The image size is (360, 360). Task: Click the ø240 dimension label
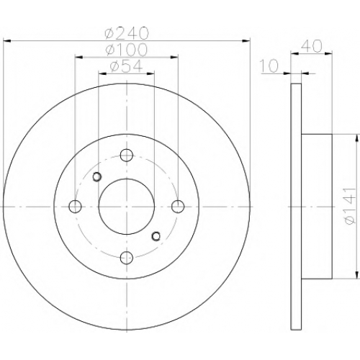coord(127,34)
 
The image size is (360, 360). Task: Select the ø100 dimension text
coord(126,50)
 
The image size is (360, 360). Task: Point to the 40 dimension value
coord(312,46)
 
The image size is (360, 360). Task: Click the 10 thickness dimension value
coord(269,66)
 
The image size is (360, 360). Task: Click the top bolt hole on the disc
coord(127,155)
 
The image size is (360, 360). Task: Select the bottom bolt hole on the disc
coord(127,258)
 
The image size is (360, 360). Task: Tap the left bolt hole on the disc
coord(75,207)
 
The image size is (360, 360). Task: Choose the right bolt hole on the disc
coord(178,207)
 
